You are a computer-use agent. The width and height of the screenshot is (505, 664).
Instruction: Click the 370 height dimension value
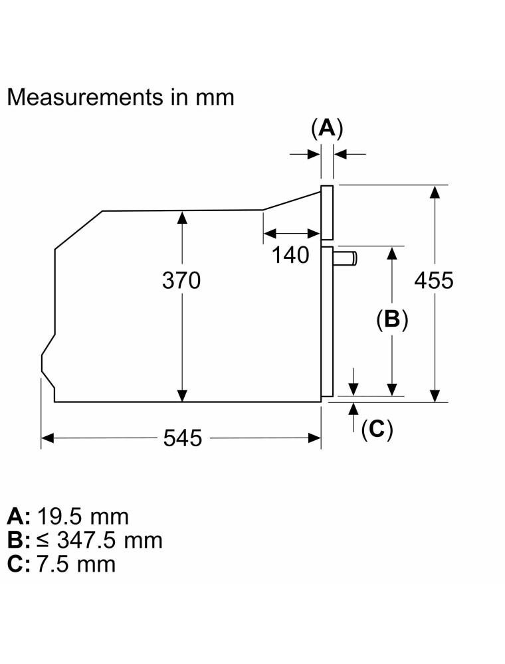[x=181, y=281]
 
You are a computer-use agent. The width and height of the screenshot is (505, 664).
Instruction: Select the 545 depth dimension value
[x=182, y=438]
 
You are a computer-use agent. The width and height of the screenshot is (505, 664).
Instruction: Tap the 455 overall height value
[x=433, y=281]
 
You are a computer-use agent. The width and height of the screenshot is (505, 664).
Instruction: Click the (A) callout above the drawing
[x=326, y=127]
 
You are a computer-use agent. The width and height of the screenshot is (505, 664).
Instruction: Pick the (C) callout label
[x=376, y=430]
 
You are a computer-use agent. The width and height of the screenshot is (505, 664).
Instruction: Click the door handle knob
[x=346, y=258]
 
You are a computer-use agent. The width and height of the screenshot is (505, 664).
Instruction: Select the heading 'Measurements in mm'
[x=120, y=97]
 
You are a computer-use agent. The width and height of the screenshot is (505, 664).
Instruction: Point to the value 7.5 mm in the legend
[x=76, y=564]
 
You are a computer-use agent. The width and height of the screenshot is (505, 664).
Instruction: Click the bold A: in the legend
[x=19, y=516]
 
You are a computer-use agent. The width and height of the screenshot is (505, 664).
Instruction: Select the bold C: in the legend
[x=19, y=564]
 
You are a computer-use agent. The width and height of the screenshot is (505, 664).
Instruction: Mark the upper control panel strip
[x=326, y=212]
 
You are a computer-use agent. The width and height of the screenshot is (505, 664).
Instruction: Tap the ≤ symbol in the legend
[x=45, y=540]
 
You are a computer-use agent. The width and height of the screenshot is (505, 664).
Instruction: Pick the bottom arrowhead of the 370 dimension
[x=181, y=396]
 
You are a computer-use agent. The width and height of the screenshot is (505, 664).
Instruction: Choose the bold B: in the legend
[x=19, y=540]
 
